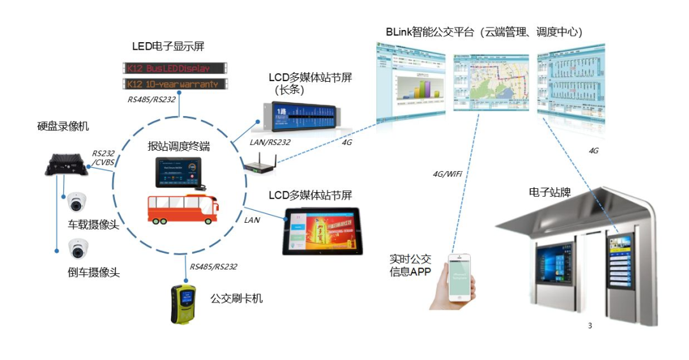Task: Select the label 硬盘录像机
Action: coord(63,126)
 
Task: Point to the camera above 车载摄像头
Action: coord(78,202)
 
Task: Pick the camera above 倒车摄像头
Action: coord(78,248)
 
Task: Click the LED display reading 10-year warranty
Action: coord(174,84)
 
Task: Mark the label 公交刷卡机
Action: coord(237,298)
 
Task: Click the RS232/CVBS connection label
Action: coord(102,158)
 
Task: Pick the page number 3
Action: coord(589,326)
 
